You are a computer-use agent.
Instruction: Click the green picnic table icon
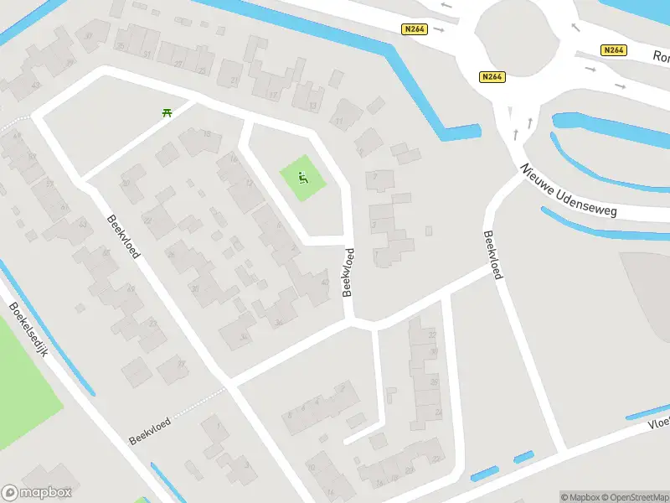coord(167,111)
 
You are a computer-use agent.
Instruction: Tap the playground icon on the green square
coord(303,178)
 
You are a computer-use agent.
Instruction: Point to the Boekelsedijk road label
coord(28,330)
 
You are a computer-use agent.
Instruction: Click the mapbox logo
coord(37,493)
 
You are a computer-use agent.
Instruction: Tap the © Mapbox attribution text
coord(579,497)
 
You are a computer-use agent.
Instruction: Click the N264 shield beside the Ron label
coord(614,50)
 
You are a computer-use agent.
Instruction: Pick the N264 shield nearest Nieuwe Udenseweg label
coord(492,77)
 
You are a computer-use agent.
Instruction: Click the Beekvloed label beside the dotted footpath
coord(150,432)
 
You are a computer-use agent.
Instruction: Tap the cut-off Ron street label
coord(661,58)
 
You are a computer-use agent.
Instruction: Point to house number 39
coord(70,61)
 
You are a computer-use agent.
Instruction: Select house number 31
coord(147,54)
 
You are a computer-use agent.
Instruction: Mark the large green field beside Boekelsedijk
coord(25,377)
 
